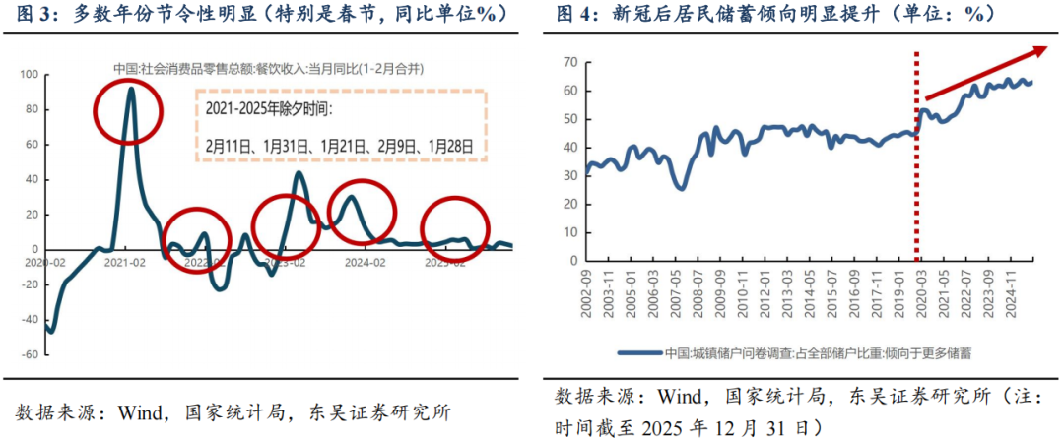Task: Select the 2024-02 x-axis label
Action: [364, 263]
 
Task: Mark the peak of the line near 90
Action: [130, 89]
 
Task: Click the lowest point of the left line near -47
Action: [50, 332]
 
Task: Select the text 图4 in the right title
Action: [575, 14]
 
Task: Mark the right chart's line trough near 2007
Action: [681, 188]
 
